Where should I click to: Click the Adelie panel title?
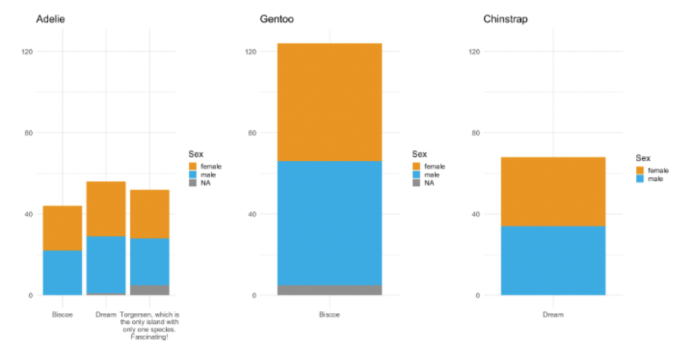[x=51, y=19]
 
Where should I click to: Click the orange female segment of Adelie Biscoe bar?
[x=62, y=228]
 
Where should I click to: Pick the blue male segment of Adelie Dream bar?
[x=106, y=265]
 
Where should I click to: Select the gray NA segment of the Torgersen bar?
[x=150, y=290]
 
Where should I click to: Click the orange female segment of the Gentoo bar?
[x=330, y=102]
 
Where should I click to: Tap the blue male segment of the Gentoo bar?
[x=330, y=223]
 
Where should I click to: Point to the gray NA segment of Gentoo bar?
[x=330, y=290]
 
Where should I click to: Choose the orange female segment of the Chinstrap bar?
[x=553, y=191]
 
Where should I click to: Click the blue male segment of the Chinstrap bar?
[x=553, y=261]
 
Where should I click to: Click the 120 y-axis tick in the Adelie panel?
[x=29, y=51]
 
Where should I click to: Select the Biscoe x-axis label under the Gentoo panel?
[x=330, y=315]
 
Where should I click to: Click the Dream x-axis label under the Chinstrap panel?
[x=553, y=315]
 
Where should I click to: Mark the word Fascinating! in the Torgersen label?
[x=150, y=337]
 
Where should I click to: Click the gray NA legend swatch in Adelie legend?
[x=193, y=183]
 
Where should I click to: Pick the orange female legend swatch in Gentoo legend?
[x=416, y=166]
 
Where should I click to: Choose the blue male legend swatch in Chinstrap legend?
[x=640, y=179]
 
